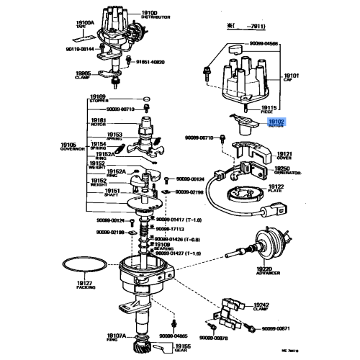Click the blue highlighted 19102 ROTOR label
coord(277,124)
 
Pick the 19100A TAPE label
coord(85,24)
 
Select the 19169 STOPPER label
coord(97,98)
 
